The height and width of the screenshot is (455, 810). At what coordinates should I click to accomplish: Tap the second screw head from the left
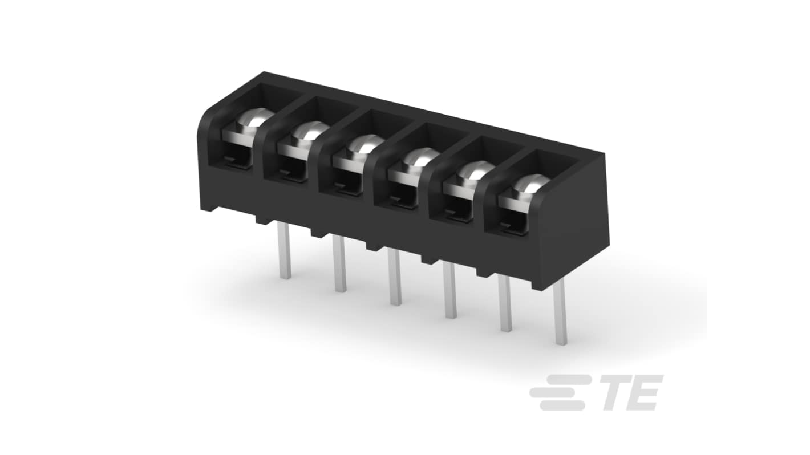(311, 131)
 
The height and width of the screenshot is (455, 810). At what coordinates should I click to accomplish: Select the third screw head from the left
(366, 144)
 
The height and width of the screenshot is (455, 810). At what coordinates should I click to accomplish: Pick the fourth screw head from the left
(422, 157)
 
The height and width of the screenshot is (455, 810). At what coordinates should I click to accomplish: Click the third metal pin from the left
(395, 278)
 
